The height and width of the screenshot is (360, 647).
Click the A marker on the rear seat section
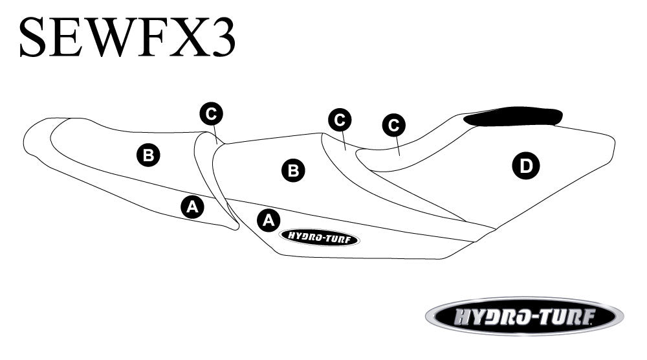pyautogui.click(x=191, y=207)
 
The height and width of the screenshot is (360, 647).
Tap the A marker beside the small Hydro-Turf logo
pyautogui.click(x=269, y=219)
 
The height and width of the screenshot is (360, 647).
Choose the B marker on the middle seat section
pyautogui.click(x=293, y=170)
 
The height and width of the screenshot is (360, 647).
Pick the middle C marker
pyautogui.click(x=340, y=120)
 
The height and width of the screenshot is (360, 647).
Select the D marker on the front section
pyautogui.click(x=525, y=166)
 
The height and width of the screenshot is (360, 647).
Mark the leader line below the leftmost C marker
pyautogui.click(x=215, y=135)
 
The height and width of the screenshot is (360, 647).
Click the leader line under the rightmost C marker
pyautogui.click(x=397, y=145)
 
